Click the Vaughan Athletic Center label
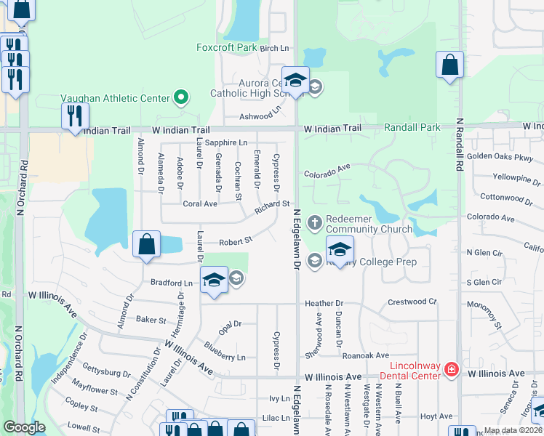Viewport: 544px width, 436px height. [114, 97]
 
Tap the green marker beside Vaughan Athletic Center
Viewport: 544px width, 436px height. [180, 97]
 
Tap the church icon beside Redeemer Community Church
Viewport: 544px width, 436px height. [315, 221]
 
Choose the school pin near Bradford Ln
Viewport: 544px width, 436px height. [214, 280]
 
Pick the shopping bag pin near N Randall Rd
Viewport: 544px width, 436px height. [450, 65]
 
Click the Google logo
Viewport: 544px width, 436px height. [24, 427]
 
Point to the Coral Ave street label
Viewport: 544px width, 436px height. [200, 204]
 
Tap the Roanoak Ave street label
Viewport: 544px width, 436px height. [367, 355]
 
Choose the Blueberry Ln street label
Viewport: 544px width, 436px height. [225, 356]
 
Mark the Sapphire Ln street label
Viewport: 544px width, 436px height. [226, 142]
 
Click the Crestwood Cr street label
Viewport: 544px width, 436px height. [412, 302]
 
